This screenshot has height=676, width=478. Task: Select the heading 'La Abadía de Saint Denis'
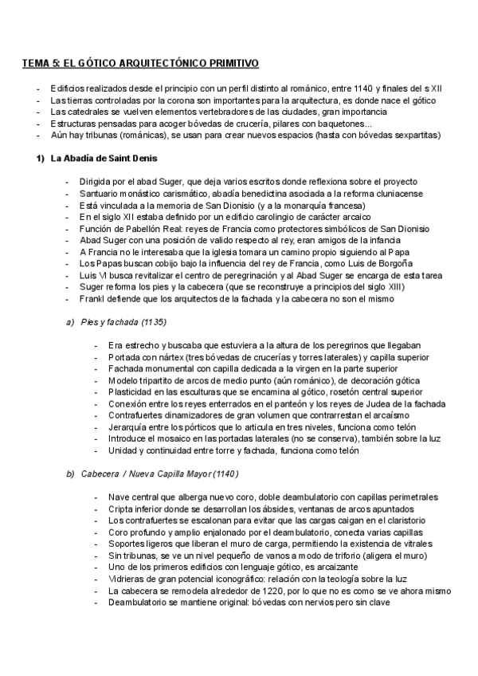tap(104, 159)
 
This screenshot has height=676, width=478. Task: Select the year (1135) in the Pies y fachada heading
tap(152, 322)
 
